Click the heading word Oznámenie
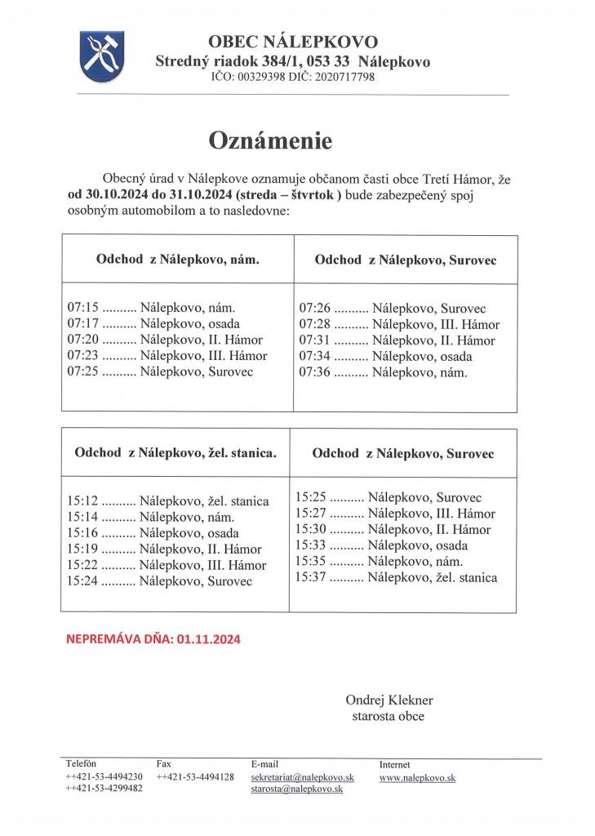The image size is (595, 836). click(271, 140)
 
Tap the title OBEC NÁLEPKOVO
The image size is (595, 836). click(293, 42)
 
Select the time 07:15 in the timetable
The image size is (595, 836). click(82, 308)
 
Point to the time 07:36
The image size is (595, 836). click(314, 372)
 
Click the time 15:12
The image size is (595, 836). click(82, 501)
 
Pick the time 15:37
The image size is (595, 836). click(311, 577)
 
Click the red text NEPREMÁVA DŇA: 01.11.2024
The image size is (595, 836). click(153, 640)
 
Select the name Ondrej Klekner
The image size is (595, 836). click(389, 700)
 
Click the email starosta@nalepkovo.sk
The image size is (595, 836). click(296, 789)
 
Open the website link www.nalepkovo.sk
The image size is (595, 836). click(417, 778)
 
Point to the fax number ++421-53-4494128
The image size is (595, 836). click(195, 777)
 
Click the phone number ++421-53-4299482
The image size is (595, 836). click(104, 789)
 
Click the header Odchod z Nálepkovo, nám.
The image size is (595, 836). click(177, 259)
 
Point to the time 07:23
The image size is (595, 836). click(82, 356)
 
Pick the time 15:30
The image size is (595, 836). click(311, 529)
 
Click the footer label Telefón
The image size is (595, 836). click(81, 764)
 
